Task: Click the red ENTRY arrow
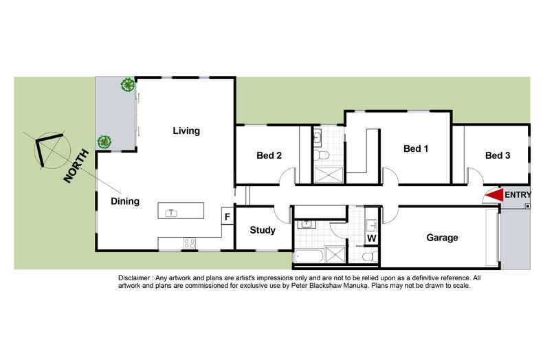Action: click(x=493, y=196)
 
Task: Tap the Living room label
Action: click(x=186, y=131)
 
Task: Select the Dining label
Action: click(x=125, y=201)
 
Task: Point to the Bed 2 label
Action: click(x=269, y=155)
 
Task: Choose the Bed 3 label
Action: click(x=498, y=155)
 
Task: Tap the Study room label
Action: click(x=263, y=230)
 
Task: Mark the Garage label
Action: click(x=442, y=238)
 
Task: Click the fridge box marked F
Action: click(x=226, y=217)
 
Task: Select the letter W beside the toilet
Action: click(x=371, y=238)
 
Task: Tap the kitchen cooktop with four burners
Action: click(x=189, y=243)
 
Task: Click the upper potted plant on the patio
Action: click(x=127, y=85)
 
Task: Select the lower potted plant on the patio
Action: click(x=104, y=142)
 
